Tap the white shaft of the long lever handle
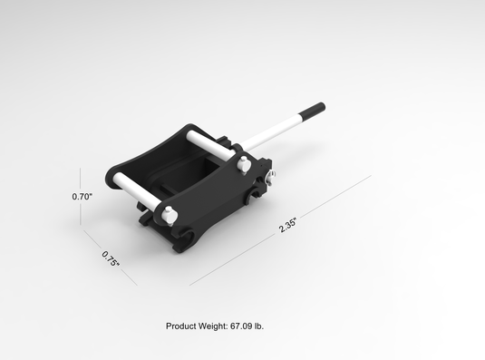pyautogui.click(x=272, y=133)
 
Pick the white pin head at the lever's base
pyautogui.click(x=243, y=164)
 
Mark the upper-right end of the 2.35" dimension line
pyautogui.click(x=371, y=176)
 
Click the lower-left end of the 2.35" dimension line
pyautogui.click(x=190, y=285)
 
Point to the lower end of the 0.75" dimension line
pyautogui.click(x=137, y=285)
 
